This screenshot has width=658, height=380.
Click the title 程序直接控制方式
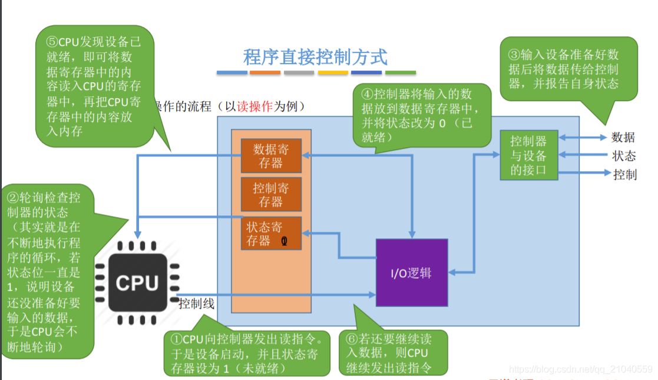(316, 57)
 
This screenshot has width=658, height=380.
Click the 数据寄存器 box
(271, 156)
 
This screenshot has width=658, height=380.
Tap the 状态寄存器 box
(271, 234)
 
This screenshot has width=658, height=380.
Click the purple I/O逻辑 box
(412, 272)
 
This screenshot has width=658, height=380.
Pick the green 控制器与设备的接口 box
(528, 156)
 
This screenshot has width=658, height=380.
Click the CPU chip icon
(137, 283)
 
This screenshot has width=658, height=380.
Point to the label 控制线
(196, 304)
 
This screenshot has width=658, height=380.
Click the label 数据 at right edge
(623, 138)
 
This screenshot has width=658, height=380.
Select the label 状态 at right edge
(624, 156)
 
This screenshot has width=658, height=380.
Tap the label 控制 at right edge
(624, 174)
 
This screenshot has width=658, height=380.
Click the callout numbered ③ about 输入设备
(568, 69)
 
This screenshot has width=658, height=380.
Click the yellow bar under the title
(333, 73)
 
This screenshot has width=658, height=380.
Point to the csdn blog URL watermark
(580, 369)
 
